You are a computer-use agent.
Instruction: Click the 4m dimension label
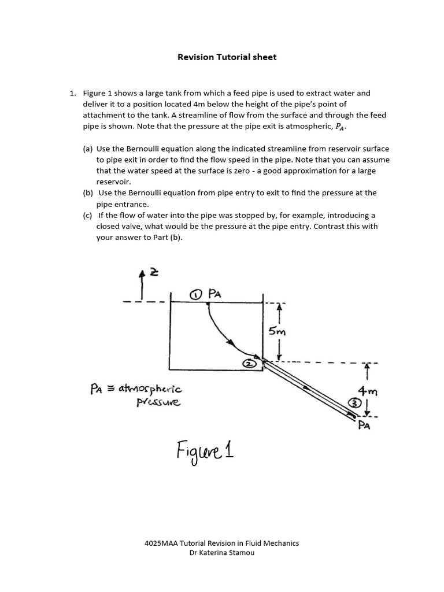[x=368, y=391]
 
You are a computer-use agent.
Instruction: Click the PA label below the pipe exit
[x=364, y=427]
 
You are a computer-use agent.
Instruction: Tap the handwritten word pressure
[x=158, y=402]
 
